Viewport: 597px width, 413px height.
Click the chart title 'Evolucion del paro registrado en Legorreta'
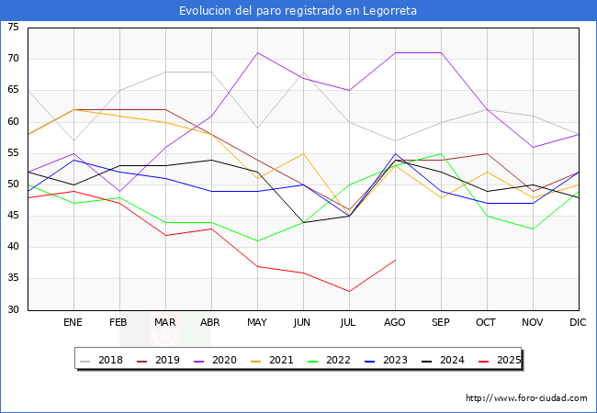click(298, 10)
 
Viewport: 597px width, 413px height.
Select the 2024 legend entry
click(454, 360)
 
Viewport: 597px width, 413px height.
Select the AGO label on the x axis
click(395, 323)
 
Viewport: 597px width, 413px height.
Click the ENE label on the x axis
click(73, 323)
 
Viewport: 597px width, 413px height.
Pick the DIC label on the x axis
click(578, 323)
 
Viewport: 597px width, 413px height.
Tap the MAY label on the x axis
click(257, 323)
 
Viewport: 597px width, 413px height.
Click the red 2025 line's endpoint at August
click(395, 260)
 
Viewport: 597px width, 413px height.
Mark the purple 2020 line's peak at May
click(257, 52)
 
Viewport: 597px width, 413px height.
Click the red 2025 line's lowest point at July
click(349, 291)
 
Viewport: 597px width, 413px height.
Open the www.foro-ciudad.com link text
click(526, 398)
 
